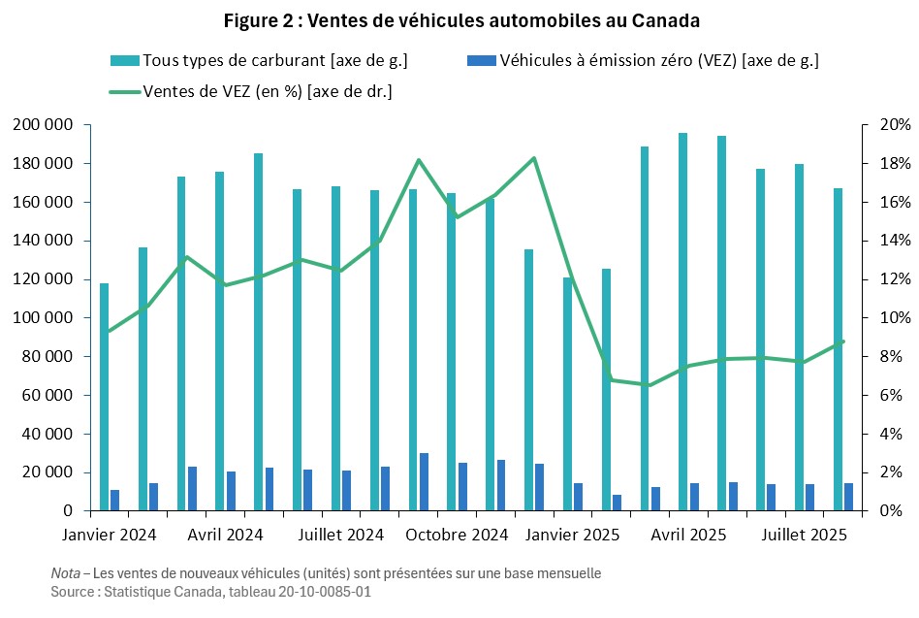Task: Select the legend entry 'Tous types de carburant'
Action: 274,61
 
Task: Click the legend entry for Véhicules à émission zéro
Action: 659,61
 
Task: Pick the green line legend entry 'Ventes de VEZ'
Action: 268,92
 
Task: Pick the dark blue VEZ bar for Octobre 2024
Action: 425,482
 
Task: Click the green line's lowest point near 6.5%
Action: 649,385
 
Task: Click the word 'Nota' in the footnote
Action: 66,573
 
